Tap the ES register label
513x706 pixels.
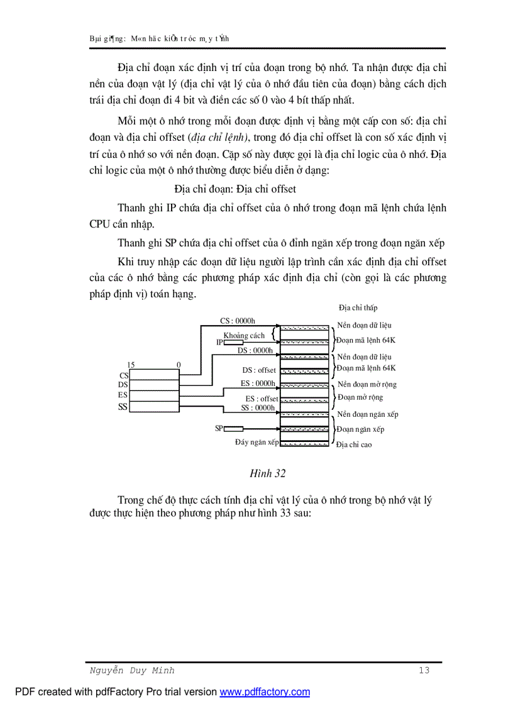123,395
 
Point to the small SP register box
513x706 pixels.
234,429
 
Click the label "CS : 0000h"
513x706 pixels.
238,321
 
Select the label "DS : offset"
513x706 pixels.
259,370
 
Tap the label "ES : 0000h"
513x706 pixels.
258,383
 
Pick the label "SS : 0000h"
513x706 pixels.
258,407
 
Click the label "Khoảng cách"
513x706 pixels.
244,336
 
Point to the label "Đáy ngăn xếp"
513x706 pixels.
256,443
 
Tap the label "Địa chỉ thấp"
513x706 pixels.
358,308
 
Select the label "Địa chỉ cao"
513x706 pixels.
354,444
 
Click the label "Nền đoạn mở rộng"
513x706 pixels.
367,384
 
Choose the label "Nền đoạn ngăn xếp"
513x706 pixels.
368,414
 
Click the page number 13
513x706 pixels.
424,671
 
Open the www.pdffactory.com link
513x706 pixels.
265,692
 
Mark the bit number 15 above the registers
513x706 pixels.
131,365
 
